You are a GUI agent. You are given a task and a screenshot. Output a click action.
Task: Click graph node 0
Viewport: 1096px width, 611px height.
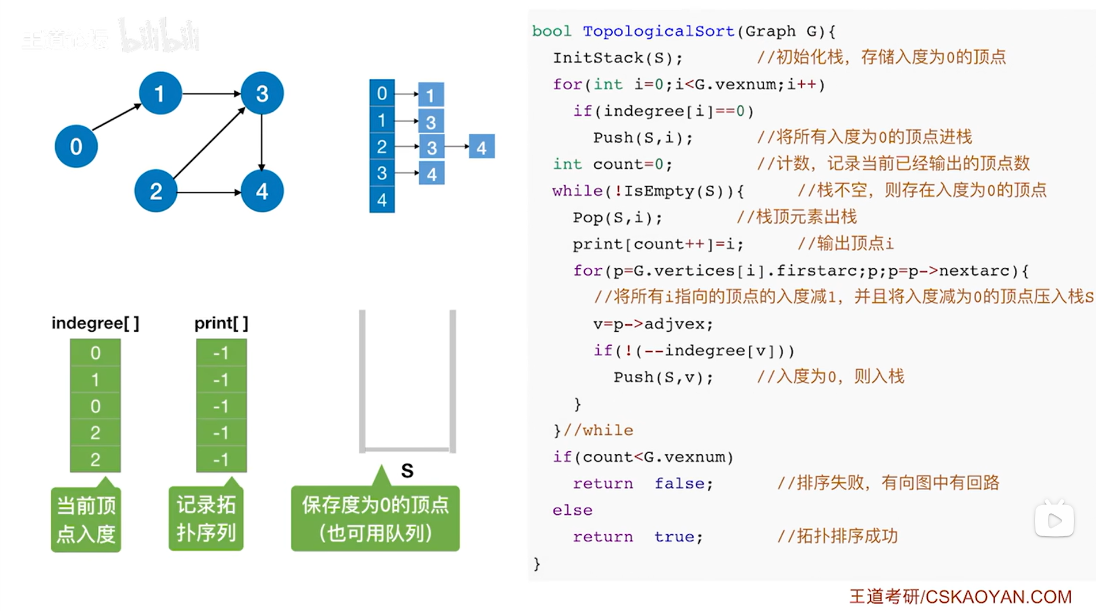(76, 146)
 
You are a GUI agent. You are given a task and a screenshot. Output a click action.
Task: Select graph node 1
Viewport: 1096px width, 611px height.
(160, 93)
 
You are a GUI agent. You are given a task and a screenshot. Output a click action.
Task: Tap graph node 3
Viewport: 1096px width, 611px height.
(262, 93)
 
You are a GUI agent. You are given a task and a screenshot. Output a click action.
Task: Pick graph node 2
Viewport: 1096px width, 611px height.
(156, 191)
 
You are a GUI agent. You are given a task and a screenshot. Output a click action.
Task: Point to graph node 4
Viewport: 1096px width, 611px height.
(262, 191)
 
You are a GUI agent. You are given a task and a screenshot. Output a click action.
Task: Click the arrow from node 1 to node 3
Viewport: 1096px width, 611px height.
(211, 93)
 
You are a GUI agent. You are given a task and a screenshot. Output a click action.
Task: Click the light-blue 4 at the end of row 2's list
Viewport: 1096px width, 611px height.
(481, 147)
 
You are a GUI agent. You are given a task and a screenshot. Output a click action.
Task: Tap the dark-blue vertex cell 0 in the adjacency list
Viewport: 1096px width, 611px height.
(382, 93)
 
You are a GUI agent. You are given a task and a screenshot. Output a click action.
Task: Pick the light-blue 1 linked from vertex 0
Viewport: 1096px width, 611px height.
(431, 95)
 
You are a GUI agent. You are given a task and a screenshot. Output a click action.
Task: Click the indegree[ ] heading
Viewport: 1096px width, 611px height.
(95, 323)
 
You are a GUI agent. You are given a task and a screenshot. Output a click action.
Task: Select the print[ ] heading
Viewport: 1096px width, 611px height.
(221, 323)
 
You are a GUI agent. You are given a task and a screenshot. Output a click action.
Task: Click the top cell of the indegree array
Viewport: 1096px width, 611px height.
(95, 352)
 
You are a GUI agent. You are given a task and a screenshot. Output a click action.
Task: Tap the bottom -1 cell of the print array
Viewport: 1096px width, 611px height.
(221, 460)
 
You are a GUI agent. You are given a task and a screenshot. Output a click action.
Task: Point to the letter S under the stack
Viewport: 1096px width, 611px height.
(407, 471)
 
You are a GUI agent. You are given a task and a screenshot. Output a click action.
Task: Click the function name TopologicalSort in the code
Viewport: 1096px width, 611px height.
(658, 31)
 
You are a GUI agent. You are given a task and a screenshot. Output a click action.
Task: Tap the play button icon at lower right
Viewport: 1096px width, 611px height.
(1055, 521)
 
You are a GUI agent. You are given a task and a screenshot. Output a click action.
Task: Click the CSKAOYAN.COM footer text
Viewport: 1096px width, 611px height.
(998, 597)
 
